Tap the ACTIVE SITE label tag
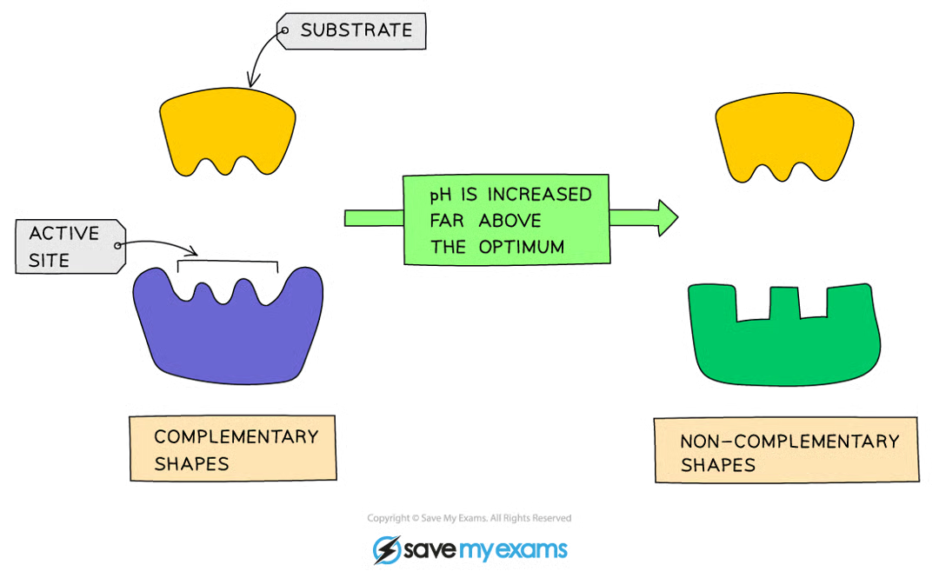click(70, 245)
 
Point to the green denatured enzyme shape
click(782, 343)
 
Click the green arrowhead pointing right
click(666, 218)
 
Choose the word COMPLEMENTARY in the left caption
click(235, 436)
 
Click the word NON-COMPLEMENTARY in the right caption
click(789, 442)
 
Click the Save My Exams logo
click(469, 550)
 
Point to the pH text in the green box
click(442, 194)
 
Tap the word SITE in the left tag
click(50, 259)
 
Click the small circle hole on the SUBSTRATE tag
click(283, 31)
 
